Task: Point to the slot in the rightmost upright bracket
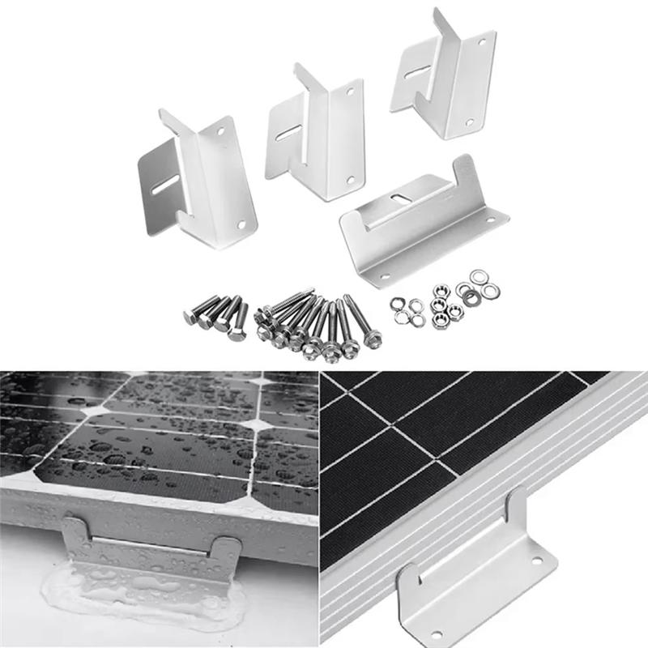(x=416, y=70)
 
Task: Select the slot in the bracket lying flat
(x=399, y=199)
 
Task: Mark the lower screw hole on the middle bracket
(x=351, y=180)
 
